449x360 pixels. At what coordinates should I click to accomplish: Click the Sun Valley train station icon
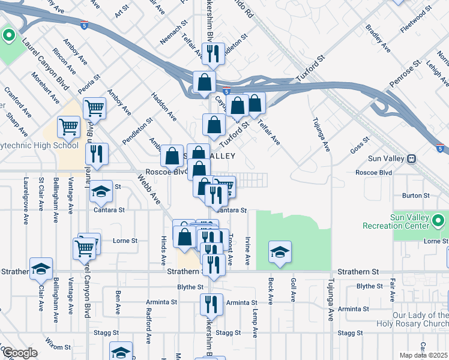click(x=411, y=159)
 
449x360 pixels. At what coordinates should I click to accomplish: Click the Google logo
click(x=20, y=353)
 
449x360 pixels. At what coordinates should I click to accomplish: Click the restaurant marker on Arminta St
click(x=211, y=304)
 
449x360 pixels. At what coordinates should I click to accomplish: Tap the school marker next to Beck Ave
click(x=280, y=252)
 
